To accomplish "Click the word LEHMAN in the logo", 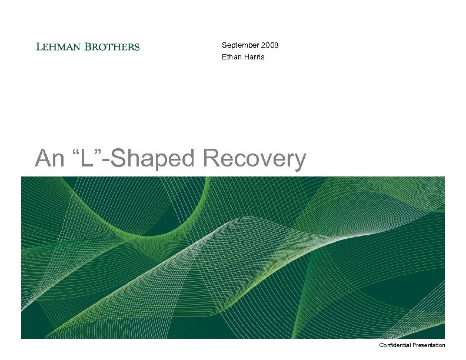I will click(58, 46).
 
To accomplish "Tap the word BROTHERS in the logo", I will click(112, 46).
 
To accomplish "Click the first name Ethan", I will click(231, 57).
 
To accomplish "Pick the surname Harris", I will click(254, 57).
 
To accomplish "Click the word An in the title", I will click(48, 159).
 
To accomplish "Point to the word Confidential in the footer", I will click(397, 345).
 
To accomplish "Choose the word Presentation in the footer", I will click(430, 345).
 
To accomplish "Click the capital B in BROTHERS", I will click(88, 46).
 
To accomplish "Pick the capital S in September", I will click(224, 45).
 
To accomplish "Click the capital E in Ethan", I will click(224, 57).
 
